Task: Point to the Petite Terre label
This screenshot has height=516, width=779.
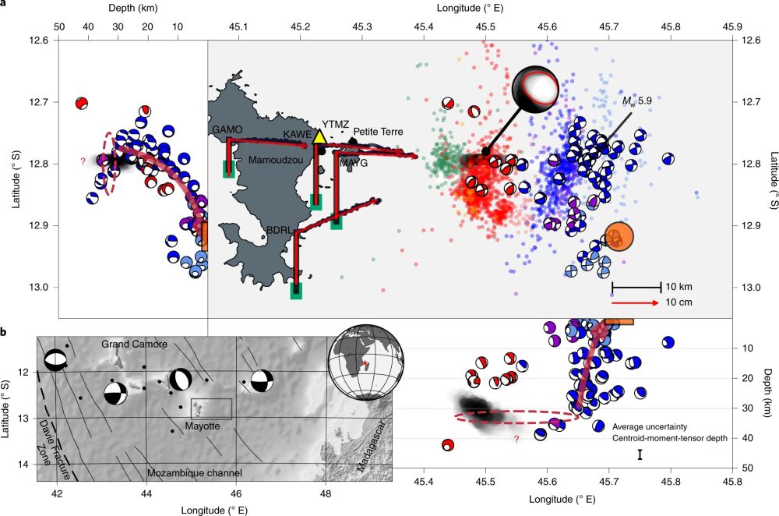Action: (378, 132)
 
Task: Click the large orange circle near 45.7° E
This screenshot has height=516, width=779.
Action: (619, 236)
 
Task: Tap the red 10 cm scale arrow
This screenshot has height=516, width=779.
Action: (636, 302)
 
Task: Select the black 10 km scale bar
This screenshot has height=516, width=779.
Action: (636, 286)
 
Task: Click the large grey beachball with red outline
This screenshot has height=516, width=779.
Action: (536, 88)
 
